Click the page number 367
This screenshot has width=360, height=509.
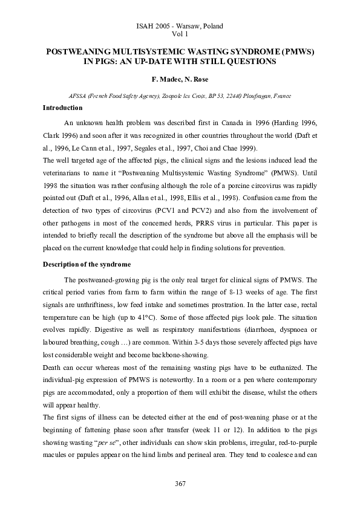point(180,484)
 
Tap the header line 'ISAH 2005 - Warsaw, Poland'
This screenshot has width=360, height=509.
point(180,27)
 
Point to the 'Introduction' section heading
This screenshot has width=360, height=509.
point(62,108)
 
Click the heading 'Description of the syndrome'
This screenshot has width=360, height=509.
point(87,265)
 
